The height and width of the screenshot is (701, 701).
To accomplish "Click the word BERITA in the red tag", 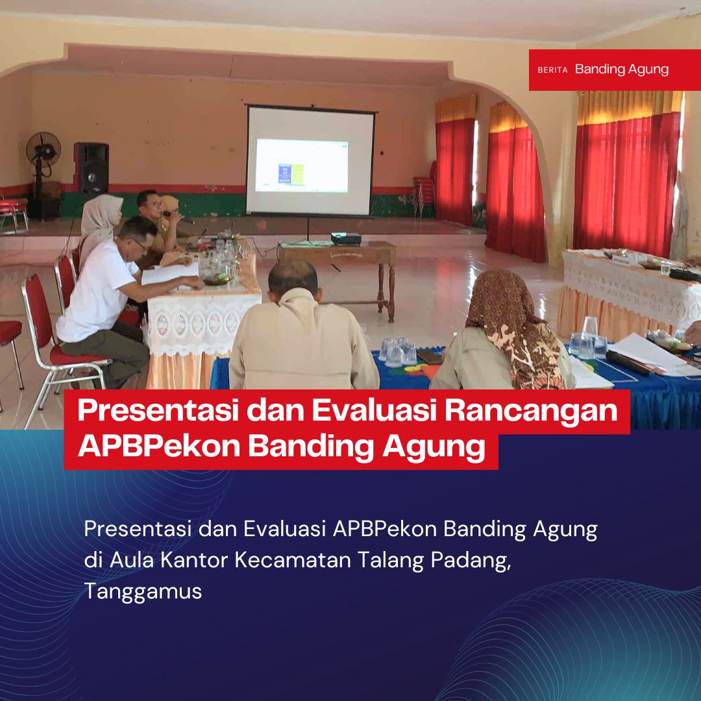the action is (552, 69).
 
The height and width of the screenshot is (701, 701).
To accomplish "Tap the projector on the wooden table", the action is (345, 239).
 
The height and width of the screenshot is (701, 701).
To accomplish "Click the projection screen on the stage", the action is (311, 160).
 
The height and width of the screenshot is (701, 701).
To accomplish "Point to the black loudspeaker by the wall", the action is (92, 167).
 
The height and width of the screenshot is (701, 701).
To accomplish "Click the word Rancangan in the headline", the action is (531, 410).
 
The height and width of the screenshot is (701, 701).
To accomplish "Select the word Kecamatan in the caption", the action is (293, 560).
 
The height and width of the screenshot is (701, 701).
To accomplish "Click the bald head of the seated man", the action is (293, 277).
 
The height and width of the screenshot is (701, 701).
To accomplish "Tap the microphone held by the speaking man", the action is (177, 217).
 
